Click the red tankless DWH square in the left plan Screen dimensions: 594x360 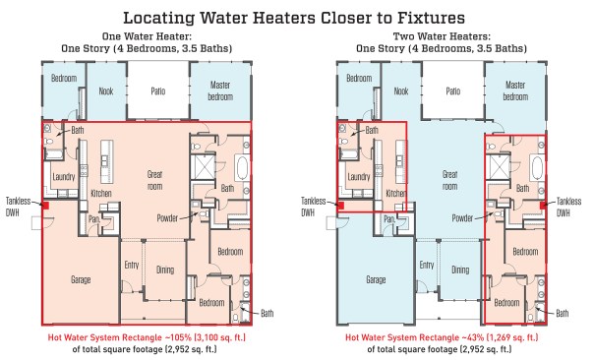click(x=45, y=206)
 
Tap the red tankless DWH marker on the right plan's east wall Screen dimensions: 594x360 click(x=543, y=205)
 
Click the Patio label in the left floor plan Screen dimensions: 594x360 click(x=158, y=91)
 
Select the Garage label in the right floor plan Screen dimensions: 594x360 click(x=376, y=280)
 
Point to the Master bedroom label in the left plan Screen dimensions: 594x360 click(x=220, y=90)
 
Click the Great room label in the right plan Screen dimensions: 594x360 click(x=450, y=180)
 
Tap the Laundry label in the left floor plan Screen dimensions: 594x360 click(x=64, y=177)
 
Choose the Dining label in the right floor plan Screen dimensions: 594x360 click(x=460, y=270)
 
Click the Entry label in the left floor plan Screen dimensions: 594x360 click(x=132, y=265)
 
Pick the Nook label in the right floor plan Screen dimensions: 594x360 click(x=401, y=90)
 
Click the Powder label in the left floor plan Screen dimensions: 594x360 click(x=167, y=218)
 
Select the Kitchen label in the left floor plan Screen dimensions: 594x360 click(x=101, y=193)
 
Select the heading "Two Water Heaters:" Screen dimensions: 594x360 click(x=442, y=36)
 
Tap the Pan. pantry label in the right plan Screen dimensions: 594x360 click(x=389, y=219)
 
